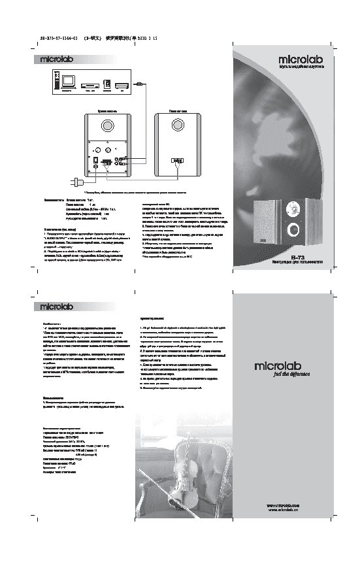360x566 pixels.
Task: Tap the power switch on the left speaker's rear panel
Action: [x=96, y=159]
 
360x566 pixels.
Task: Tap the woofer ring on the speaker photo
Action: [x=293, y=229]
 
